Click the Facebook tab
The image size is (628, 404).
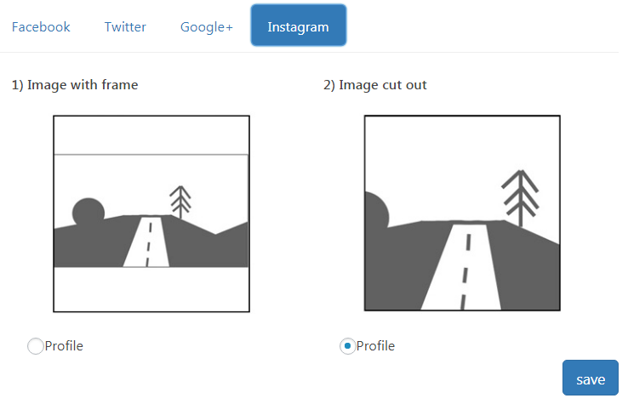tap(41, 27)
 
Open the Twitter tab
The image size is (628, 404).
tap(125, 27)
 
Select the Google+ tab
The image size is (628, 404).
tap(206, 27)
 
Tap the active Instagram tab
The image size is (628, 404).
tap(299, 26)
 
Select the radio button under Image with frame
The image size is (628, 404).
tap(35, 346)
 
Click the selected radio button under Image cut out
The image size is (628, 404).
tap(347, 346)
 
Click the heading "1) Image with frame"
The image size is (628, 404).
tap(75, 85)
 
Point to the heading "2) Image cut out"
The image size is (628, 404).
tap(375, 85)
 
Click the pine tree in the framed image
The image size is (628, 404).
tap(180, 202)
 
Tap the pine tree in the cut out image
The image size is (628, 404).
tap(520, 198)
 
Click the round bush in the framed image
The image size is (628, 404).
tap(88, 213)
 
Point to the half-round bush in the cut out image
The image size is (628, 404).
tap(376, 210)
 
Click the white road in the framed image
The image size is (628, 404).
tap(146, 242)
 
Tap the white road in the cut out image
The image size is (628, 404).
tap(461, 267)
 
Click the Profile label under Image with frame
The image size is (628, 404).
tap(64, 346)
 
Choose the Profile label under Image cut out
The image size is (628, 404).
tap(375, 346)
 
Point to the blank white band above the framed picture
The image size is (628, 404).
tap(151, 135)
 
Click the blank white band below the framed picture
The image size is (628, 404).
tap(151, 289)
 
